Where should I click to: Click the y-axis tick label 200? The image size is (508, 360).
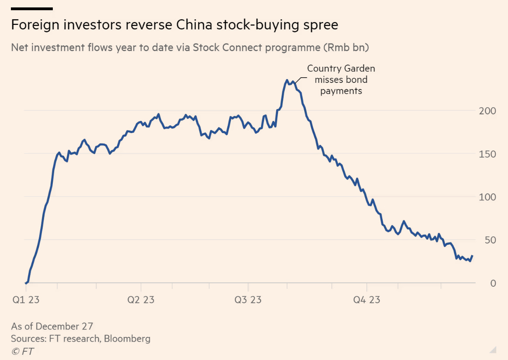(x=487, y=111)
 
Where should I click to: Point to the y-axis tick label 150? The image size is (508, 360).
(x=487, y=154)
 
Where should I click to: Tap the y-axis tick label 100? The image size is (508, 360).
(x=487, y=197)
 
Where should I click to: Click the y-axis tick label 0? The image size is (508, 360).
(x=493, y=283)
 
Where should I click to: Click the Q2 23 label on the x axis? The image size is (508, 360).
(x=140, y=300)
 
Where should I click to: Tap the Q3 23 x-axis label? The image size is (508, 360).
(x=247, y=300)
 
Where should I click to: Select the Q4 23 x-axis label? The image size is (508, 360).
(x=366, y=300)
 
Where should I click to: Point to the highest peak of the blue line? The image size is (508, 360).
(x=287, y=80)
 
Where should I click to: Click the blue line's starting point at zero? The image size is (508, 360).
(x=26, y=283)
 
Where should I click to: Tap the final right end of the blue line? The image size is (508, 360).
(x=472, y=256)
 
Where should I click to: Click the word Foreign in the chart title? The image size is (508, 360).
(x=31, y=25)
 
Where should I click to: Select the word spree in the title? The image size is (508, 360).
(x=320, y=25)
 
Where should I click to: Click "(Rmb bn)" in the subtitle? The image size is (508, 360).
(x=346, y=48)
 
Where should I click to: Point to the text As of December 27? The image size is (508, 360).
(x=52, y=326)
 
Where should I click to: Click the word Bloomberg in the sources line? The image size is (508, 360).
(x=127, y=339)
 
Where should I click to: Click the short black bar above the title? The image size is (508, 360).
(x=32, y=8)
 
